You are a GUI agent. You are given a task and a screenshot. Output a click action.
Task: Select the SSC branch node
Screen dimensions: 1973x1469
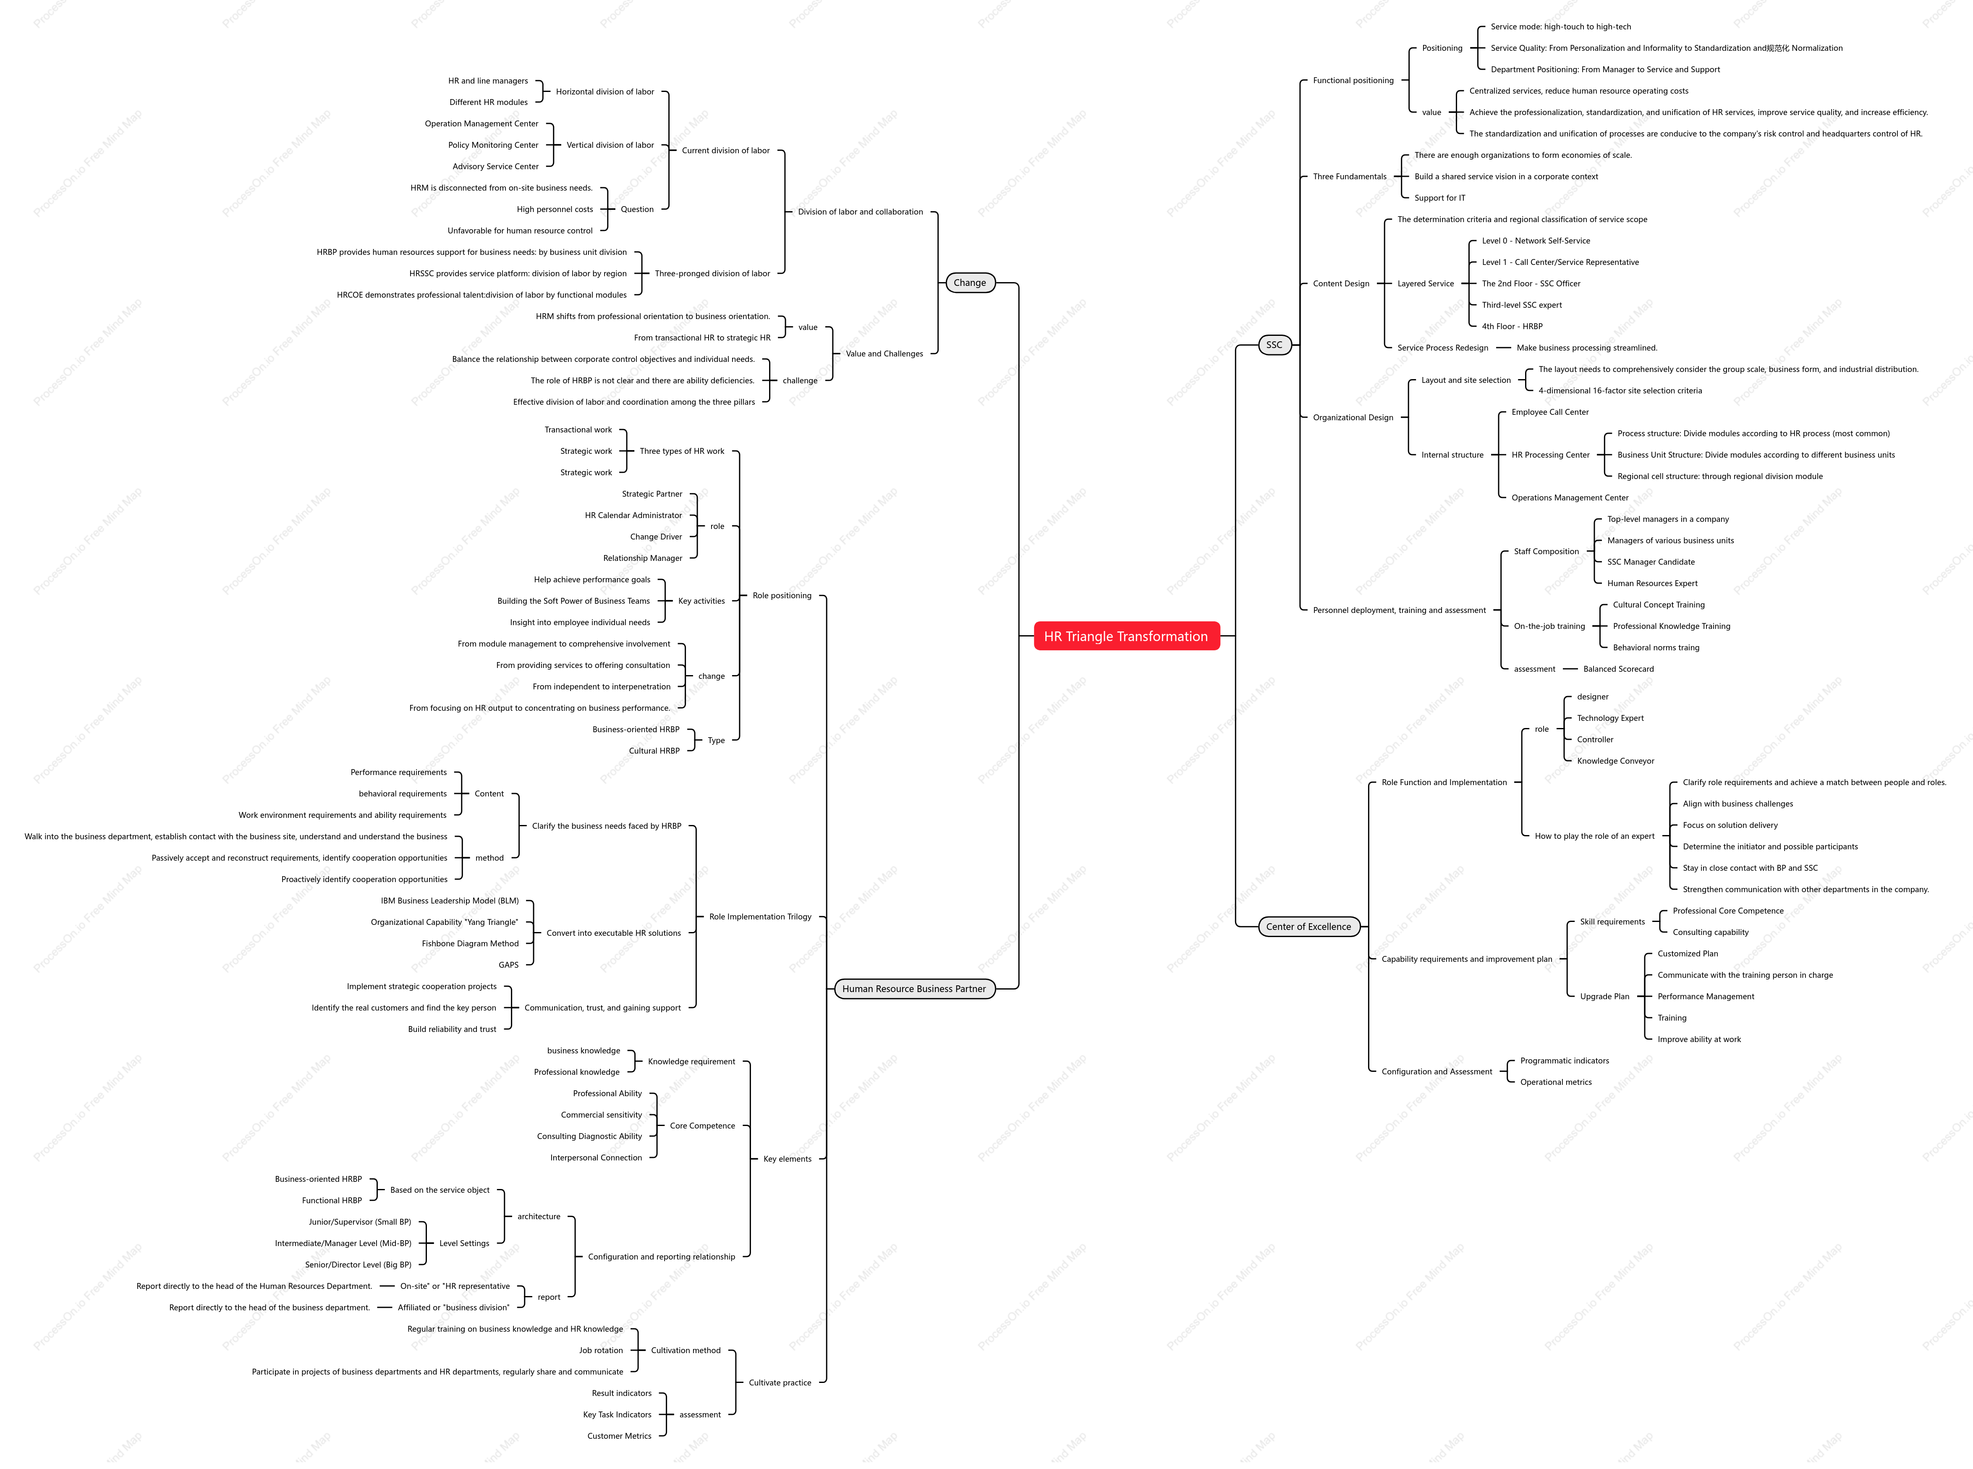pos(1274,345)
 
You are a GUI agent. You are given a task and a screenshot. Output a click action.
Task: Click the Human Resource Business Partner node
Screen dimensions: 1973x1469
pos(914,989)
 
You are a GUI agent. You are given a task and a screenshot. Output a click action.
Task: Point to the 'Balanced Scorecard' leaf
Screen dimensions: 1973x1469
pos(1618,669)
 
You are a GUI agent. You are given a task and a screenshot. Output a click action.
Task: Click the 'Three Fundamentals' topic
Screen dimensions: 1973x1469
pos(1350,176)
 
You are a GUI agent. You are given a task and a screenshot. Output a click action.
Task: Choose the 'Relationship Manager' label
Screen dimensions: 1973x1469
pos(643,558)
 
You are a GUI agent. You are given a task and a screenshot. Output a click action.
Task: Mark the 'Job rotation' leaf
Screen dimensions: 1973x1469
pos(601,1351)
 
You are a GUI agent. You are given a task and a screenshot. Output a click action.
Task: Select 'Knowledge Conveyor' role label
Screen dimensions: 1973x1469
pos(1616,761)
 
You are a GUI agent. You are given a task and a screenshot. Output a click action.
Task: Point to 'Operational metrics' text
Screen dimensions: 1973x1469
pos(1556,1082)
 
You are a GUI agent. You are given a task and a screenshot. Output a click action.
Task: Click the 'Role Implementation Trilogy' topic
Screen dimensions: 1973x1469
pos(760,917)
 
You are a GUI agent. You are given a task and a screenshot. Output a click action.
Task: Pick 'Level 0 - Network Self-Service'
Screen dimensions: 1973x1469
pos(1536,241)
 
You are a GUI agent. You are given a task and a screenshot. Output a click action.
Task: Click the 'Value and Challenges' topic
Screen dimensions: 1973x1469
pos(884,354)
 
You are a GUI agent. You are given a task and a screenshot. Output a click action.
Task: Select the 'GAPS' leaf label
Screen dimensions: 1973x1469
pos(509,965)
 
